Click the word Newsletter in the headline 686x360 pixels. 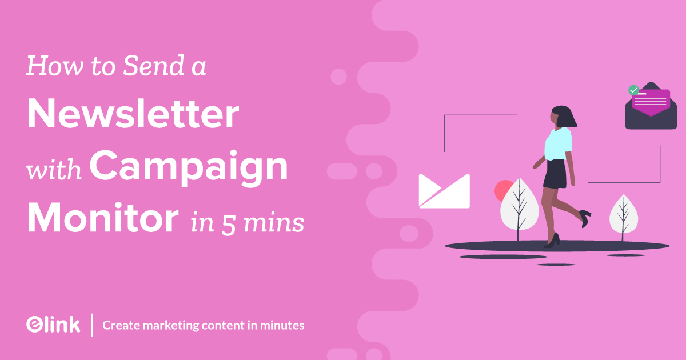point(133,115)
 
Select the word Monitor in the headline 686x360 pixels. point(102,218)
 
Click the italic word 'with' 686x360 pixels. point(56,170)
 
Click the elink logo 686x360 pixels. point(53,325)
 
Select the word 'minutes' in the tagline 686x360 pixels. point(282,326)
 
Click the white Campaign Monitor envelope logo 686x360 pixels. point(444,191)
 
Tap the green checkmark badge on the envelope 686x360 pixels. point(633,90)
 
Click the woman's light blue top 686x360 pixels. point(558,143)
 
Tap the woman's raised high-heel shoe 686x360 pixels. point(584,215)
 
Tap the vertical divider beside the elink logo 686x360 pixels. point(93,325)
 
